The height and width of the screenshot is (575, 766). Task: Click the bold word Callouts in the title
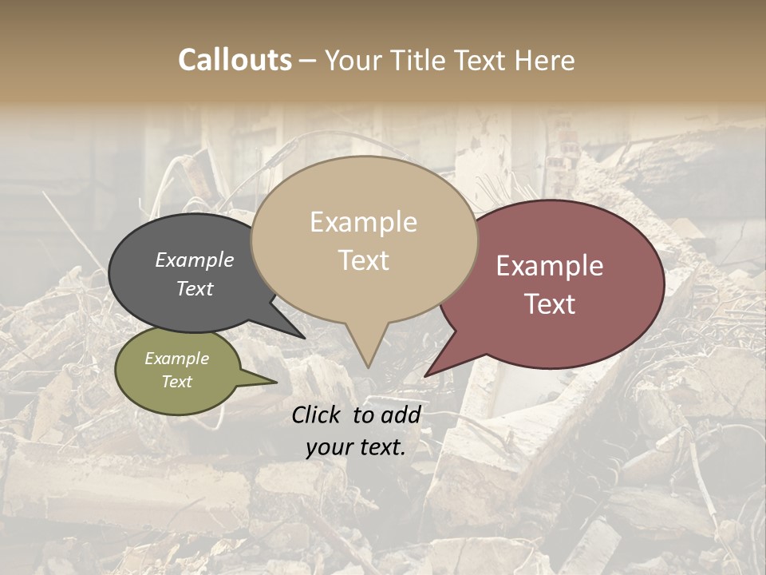point(235,60)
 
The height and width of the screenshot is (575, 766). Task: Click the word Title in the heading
point(419,60)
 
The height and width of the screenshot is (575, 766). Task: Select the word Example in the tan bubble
point(363,222)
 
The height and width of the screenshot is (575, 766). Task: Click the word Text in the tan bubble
point(363,260)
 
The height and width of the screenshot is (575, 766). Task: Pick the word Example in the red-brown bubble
point(550,266)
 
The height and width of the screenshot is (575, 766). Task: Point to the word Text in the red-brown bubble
point(550,304)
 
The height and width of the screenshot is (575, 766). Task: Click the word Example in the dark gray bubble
point(195,260)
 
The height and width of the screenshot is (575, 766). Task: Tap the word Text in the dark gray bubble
point(195,288)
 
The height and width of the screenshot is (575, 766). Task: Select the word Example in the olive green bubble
point(177,359)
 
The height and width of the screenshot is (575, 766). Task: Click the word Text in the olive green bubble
point(177,382)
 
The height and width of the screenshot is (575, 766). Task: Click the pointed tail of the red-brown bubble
point(428,374)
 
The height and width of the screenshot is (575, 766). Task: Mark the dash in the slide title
point(309,60)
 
